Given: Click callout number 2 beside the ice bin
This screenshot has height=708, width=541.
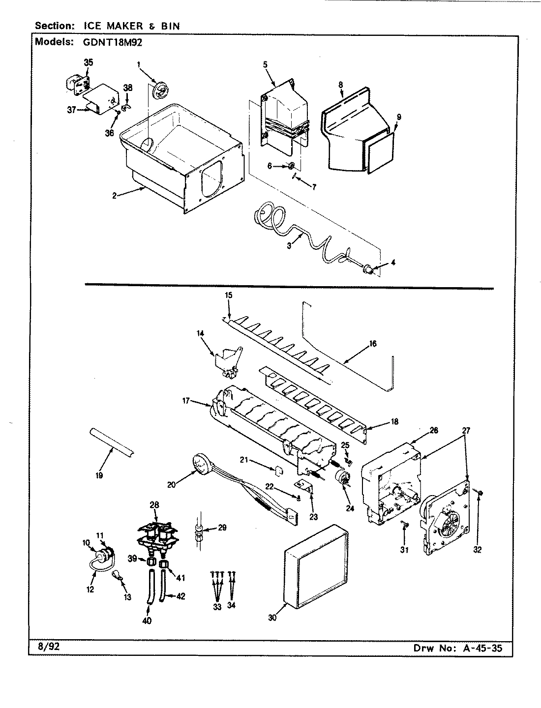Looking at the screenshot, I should click(114, 195).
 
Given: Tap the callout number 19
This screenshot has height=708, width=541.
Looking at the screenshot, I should click(99, 475).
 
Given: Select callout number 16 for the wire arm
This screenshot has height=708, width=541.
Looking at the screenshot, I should click(372, 344).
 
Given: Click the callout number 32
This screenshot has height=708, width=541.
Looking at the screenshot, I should click(477, 550).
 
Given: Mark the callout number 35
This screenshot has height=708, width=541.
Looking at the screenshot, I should click(88, 62).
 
